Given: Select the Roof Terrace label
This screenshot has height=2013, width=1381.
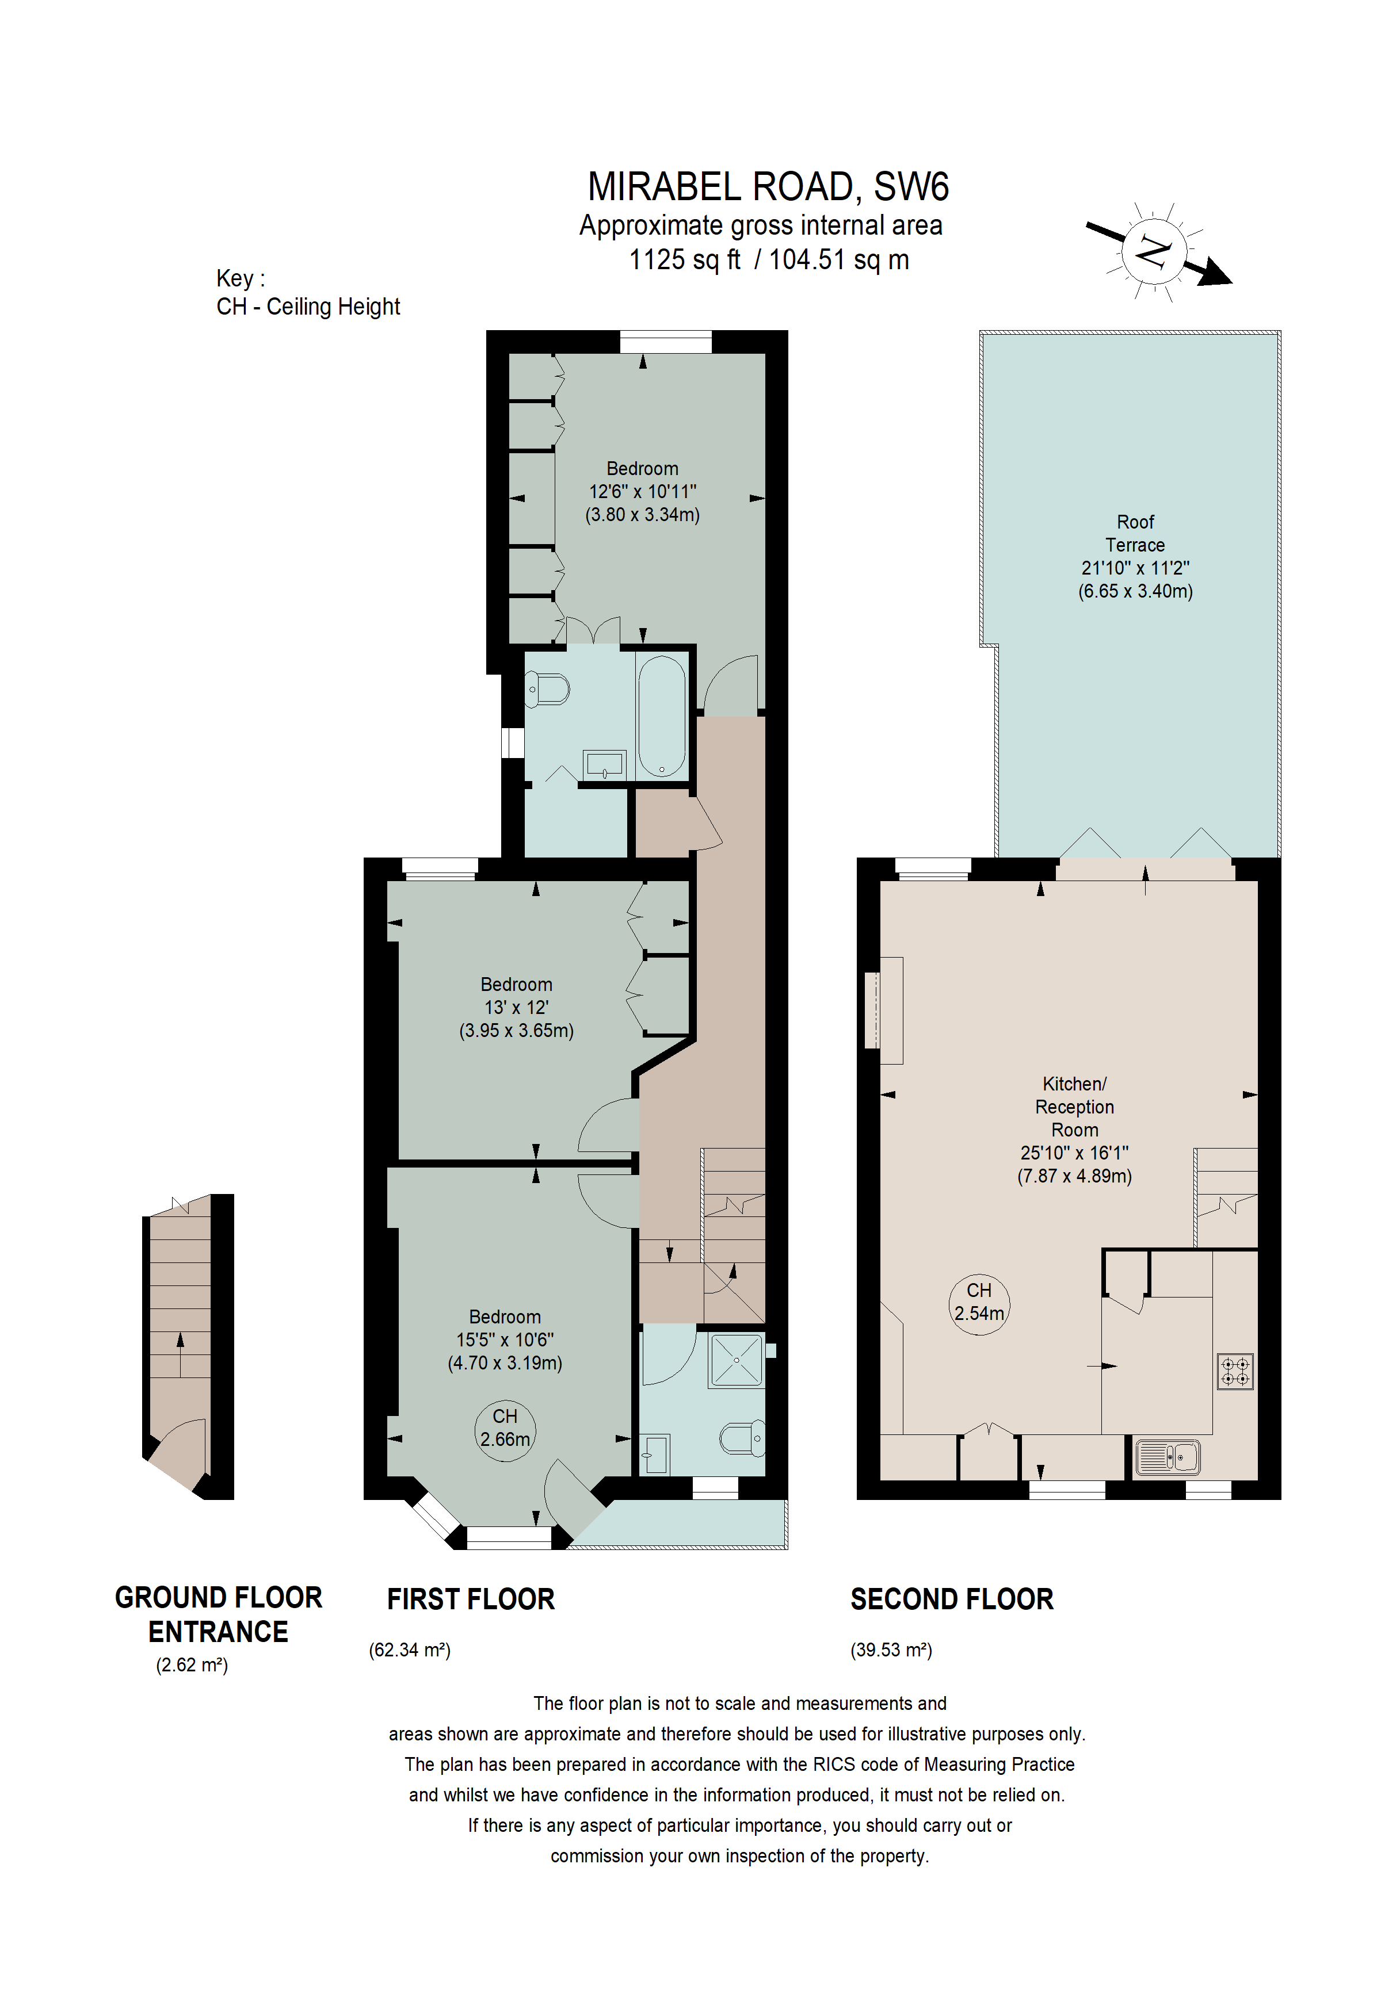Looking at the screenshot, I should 1135,534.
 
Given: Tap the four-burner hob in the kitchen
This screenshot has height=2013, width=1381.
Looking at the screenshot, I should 1235,1371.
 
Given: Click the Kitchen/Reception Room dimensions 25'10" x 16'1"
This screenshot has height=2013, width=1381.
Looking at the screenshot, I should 1074,1153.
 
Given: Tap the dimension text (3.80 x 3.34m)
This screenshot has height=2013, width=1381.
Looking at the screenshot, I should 642,515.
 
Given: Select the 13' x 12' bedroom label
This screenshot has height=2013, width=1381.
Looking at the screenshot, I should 516,1008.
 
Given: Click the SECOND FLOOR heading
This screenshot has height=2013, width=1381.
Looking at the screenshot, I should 951,1599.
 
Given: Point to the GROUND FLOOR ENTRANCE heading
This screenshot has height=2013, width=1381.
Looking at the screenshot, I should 218,1614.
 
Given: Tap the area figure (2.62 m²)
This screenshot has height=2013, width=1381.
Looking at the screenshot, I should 192,1665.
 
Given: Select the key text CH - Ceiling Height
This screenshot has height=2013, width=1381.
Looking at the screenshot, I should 308,307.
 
